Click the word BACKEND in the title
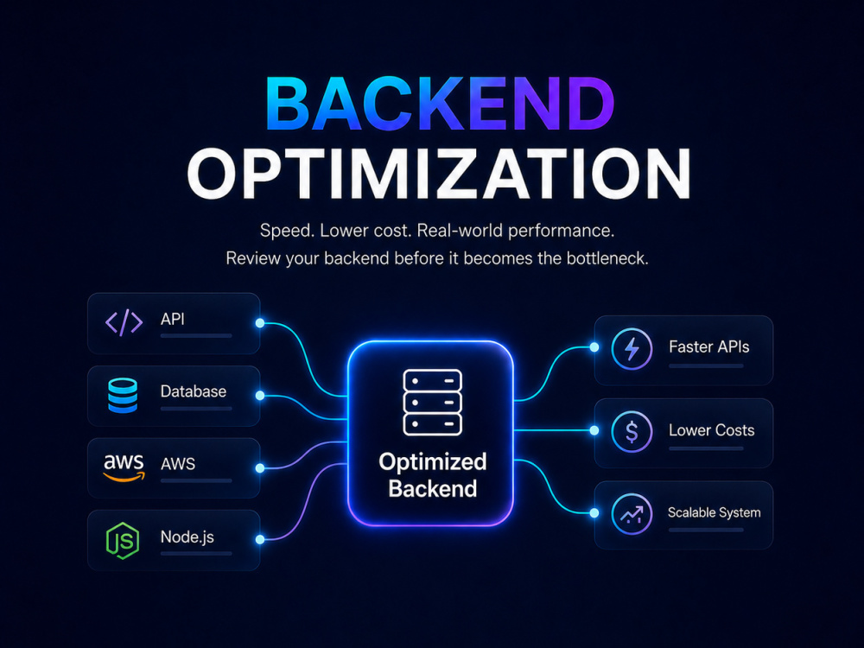(440, 104)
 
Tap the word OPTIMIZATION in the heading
(439, 174)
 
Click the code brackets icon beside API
(124, 322)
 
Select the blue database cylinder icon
(123, 396)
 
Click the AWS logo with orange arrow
(124, 467)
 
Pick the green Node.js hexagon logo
(123, 541)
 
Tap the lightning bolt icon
(632, 349)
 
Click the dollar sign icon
(632, 431)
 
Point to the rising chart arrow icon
(632, 514)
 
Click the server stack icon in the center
(433, 403)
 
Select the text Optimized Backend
(433, 475)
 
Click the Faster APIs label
(709, 346)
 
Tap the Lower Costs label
(711, 429)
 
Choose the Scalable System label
(715, 512)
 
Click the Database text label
(194, 391)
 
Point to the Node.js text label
(187, 537)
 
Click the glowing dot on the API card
(260, 323)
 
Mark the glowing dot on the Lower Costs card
(594, 430)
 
